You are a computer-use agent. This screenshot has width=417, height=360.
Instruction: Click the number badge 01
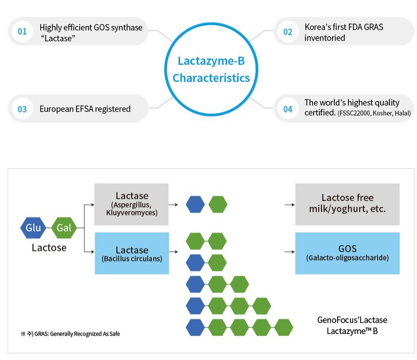tap(22, 32)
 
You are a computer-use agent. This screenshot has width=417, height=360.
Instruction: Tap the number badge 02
tap(288, 32)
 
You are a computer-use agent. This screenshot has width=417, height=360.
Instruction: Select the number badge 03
tap(22, 109)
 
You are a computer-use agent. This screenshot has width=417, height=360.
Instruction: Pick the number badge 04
tap(288, 109)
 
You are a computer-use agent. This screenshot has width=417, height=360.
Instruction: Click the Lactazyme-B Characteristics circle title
tap(211, 70)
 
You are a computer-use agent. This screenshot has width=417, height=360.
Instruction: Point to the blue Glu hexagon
tap(33, 228)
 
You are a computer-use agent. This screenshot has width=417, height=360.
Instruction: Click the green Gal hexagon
tap(64, 228)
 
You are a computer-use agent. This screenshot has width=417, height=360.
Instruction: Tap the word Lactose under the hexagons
tap(49, 247)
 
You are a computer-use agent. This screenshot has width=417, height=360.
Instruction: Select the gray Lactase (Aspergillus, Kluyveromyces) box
tap(131, 204)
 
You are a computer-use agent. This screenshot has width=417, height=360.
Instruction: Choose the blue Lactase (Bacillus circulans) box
tap(131, 253)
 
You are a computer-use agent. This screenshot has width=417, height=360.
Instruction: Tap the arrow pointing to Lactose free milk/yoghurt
tap(290, 204)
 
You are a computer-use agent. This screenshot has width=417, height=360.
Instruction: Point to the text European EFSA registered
tap(85, 109)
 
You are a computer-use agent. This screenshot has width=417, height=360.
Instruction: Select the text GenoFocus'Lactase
tap(352, 320)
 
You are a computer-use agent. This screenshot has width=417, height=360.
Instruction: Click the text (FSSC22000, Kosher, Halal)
tap(374, 113)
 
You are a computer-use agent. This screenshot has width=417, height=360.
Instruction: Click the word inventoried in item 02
tap(324, 38)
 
